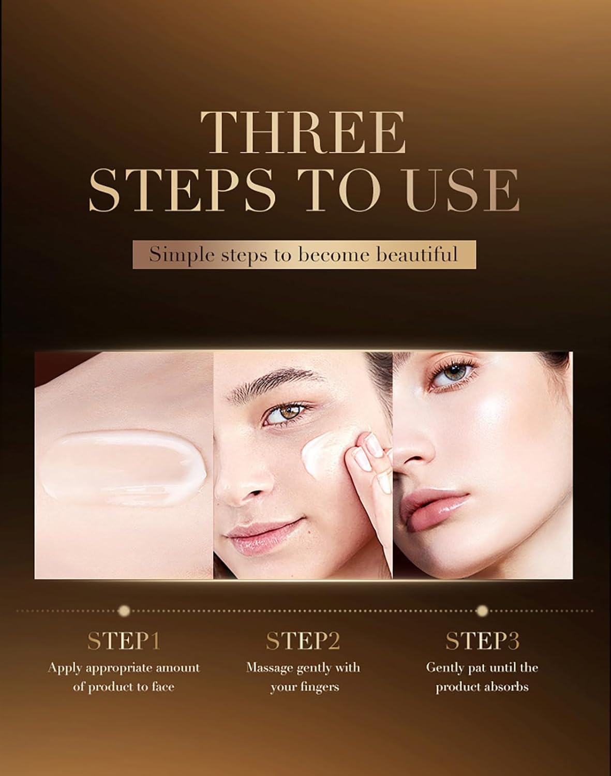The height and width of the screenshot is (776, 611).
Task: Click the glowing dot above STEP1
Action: click(x=123, y=611)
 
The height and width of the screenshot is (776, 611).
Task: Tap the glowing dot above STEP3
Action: click(x=482, y=611)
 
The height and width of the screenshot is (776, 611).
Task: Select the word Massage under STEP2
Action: click(x=270, y=667)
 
